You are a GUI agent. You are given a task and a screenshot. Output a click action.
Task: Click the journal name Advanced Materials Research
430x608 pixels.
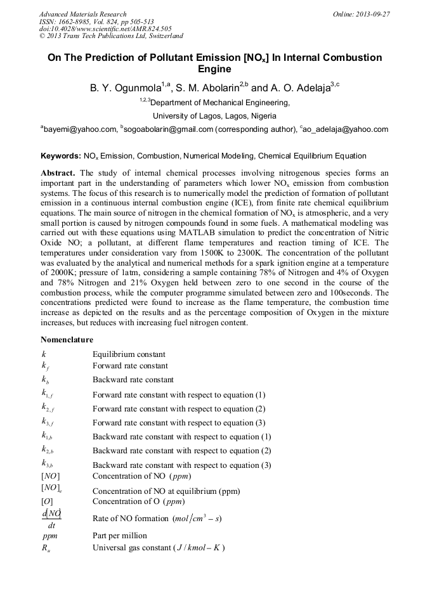pos(83,14)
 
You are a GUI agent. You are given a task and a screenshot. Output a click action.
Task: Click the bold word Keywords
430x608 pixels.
pos(60,156)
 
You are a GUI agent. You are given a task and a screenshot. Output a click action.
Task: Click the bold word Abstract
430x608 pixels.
pos(58,173)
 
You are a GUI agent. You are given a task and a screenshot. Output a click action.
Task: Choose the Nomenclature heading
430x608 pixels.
pos(67,340)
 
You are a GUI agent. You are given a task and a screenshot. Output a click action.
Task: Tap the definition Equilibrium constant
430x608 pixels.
pos(129,354)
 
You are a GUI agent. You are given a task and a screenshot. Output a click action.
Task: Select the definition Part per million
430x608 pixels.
pos(119,536)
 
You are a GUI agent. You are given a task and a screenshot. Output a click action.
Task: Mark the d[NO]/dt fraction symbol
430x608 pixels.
pos(51,519)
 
